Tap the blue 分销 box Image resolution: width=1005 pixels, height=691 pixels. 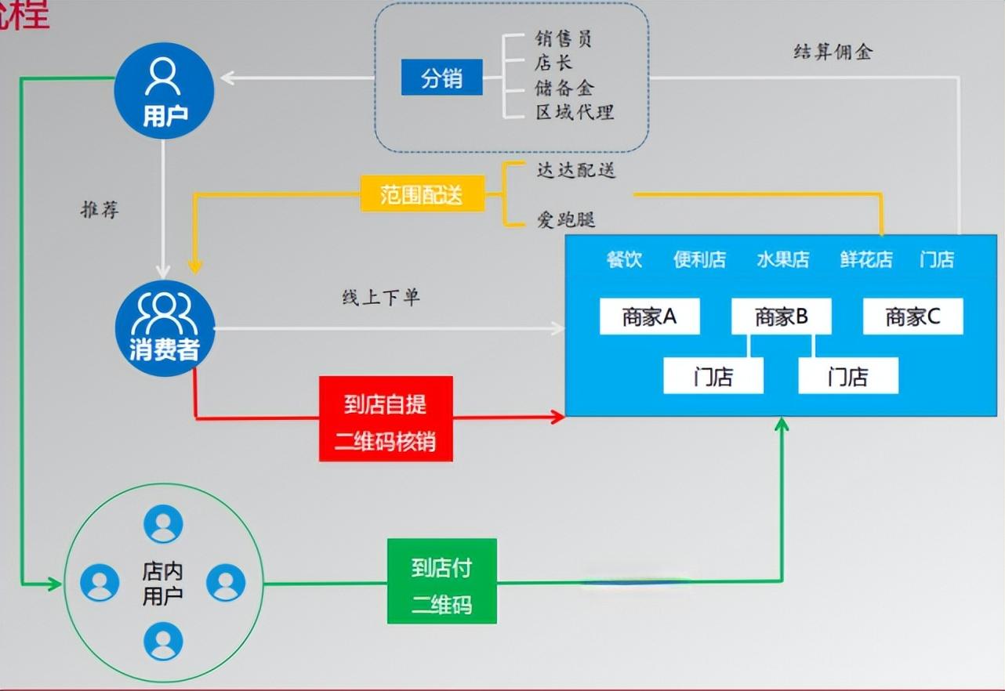[x=441, y=78]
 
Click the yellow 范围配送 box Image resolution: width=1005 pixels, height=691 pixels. [x=422, y=194]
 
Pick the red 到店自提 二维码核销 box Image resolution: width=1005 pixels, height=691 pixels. [x=386, y=418]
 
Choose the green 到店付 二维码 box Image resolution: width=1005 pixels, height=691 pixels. [x=442, y=581]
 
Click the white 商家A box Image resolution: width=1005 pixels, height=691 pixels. [x=649, y=317]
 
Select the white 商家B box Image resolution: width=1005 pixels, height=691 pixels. [x=781, y=317]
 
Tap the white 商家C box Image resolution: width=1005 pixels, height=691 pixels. [x=912, y=317]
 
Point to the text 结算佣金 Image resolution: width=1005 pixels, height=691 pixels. [x=833, y=52]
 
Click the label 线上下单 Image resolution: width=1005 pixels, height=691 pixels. [x=380, y=298]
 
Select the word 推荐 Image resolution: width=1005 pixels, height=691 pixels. [x=100, y=210]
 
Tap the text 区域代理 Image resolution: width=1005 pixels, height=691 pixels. [x=575, y=112]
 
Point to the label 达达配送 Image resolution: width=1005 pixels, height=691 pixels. [x=575, y=170]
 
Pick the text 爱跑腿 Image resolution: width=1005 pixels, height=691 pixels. [x=565, y=219]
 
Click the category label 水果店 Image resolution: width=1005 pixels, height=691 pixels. [x=782, y=259]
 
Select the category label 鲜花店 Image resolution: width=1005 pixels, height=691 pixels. [x=866, y=259]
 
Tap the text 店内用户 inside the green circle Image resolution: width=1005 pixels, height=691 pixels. [x=162, y=583]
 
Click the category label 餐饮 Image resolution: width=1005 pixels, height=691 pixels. [x=624, y=259]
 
